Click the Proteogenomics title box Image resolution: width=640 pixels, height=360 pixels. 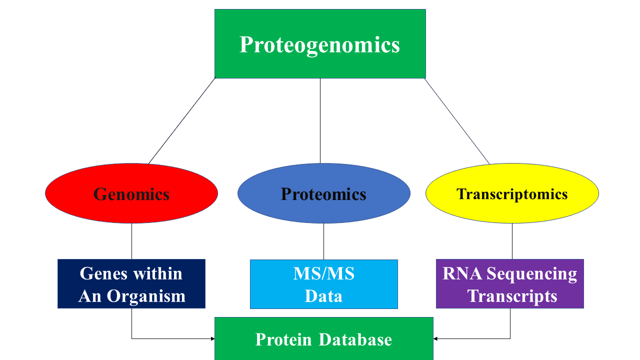[x=320, y=43]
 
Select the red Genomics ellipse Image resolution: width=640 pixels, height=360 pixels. [x=131, y=193]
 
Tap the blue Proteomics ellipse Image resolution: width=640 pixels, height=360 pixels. [x=323, y=193]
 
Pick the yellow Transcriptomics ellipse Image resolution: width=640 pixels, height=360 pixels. [x=512, y=193]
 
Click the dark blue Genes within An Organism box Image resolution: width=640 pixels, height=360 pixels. [x=131, y=284]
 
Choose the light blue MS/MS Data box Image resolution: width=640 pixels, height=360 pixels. [x=323, y=284]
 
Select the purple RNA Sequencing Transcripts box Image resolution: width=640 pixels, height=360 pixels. [x=510, y=284]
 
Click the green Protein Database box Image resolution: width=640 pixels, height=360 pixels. [x=323, y=339]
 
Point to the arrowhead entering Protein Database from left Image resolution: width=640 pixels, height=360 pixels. [x=212, y=338]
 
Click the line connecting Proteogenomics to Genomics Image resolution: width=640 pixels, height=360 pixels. [x=182, y=121]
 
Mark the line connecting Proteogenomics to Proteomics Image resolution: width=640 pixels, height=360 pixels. [x=320, y=121]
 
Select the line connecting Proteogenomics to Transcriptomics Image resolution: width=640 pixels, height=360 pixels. [x=457, y=121]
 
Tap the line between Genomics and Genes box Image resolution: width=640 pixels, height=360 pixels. [x=131, y=241]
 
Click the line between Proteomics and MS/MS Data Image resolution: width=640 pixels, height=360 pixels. [x=323, y=241]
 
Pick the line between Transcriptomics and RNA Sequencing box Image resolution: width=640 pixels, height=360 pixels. [x=512, y=241]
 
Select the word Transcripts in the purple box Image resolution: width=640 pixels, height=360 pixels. [x=512, y=296]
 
